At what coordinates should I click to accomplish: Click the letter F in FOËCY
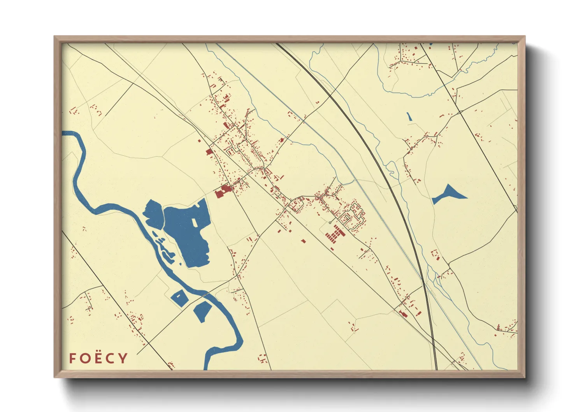coord(72,358)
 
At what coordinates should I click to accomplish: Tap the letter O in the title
coord(84,358)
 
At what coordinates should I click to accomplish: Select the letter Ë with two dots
coord(98,358)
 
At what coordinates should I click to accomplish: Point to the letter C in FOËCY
coord(111,358)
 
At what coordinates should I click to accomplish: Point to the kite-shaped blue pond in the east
coord(448,194)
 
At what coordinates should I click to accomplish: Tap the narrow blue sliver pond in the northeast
coord(409,116)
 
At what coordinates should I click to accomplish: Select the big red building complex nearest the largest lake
coord(223,191)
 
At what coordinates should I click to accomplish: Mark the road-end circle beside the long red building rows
coord(330,223)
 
